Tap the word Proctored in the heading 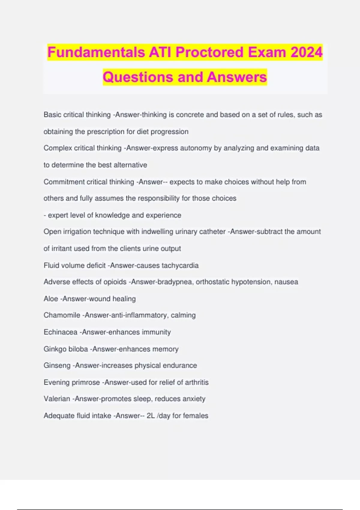point(209,52)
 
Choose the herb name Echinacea point(60,332)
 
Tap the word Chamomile point(62,315)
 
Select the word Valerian point(57,399)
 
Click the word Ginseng point(57,365)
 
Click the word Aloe point(51,299)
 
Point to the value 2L point(151,415)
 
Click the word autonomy point(196,148)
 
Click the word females point(195,415)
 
